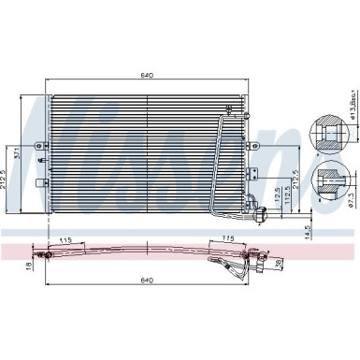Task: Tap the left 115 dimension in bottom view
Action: pos(64,241)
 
